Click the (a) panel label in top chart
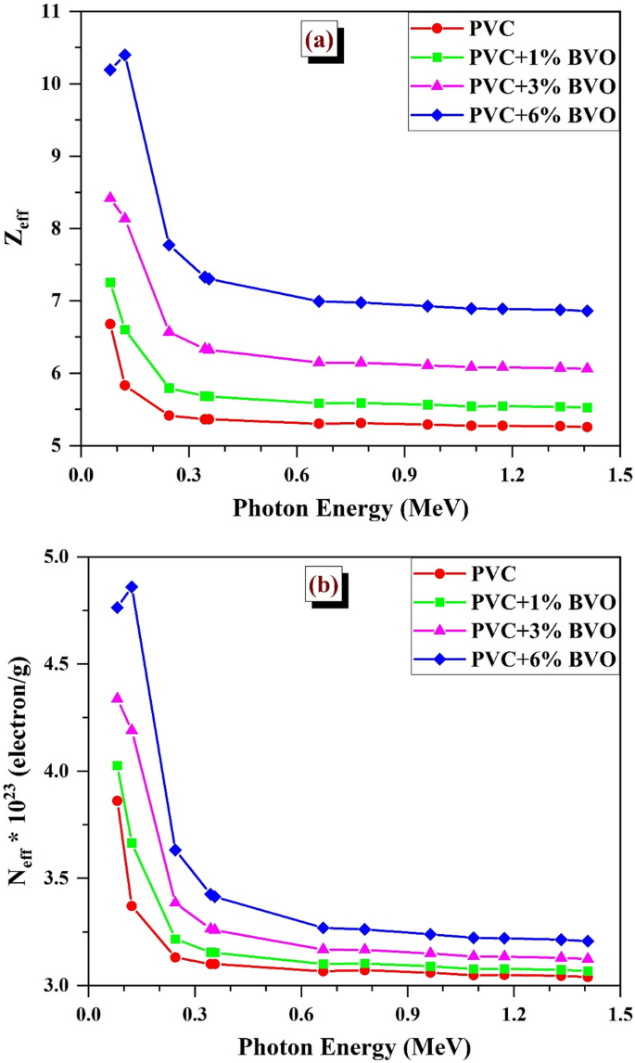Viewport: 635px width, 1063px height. (x=319, y=40)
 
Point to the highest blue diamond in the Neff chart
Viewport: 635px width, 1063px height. (x=132, y=587)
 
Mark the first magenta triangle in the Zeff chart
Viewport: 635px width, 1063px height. (x=110, y=198)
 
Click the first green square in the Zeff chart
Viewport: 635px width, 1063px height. (x=110, y=282)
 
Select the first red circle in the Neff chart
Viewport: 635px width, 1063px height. (x=118, y=800)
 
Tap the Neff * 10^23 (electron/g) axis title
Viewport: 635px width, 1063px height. (x=20, y=771)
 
